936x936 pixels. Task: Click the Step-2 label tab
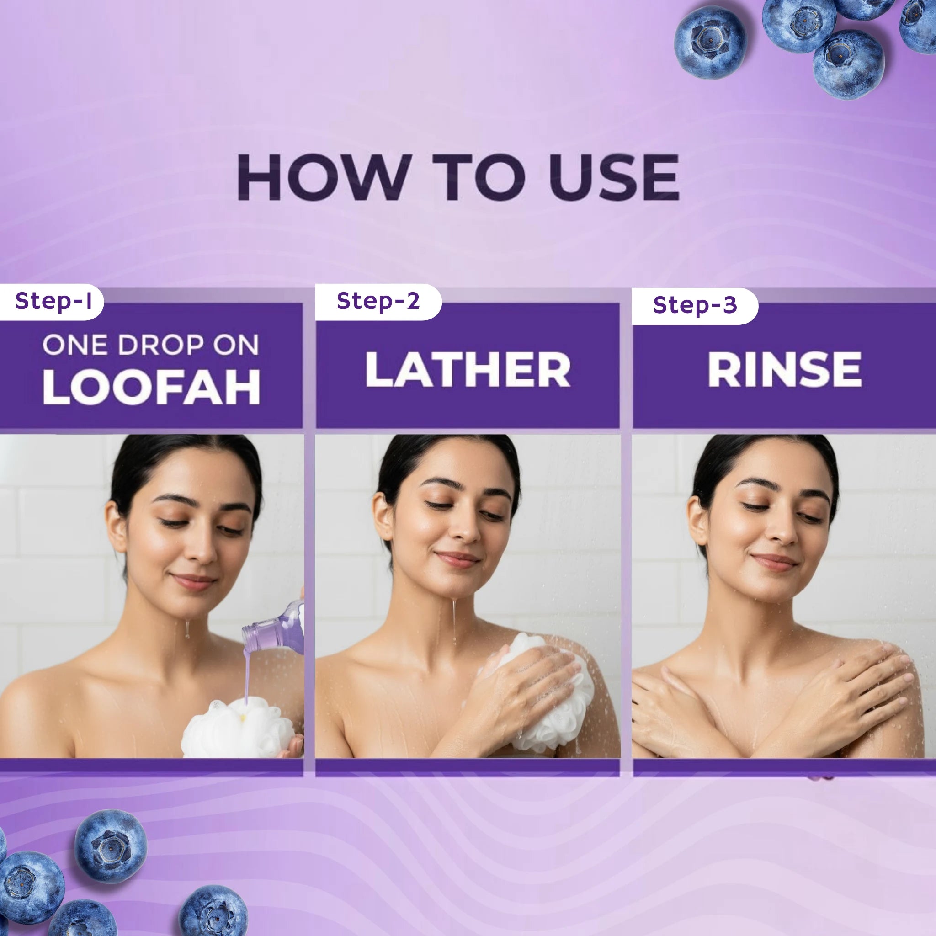pyautogui.click(x=378, y=301)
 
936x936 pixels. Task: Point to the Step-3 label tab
pyautogui.click(x=695, y=306)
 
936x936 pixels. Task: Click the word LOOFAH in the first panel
pyautogui.click(x=152, y=388)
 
